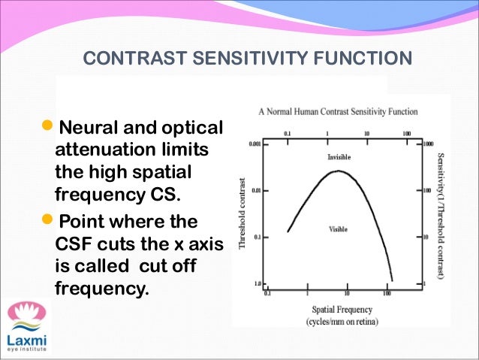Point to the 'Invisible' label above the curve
tap(339, 157)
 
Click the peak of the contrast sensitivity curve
tap(338, 171)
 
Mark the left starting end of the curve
tap(288, 231)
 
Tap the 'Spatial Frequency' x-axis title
tap(338, 310)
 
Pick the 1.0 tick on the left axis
tap(259, 284)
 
